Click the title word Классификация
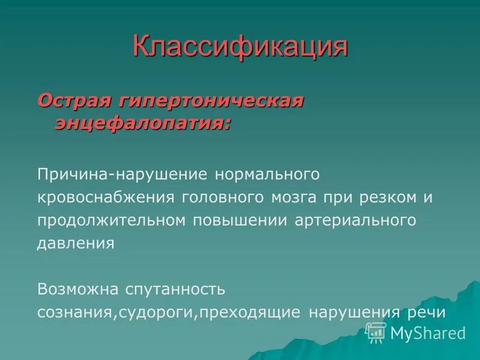point(240,46)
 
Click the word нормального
point(265,175)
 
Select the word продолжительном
point(111,220)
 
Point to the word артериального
point(355,220)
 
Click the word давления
point(76,244)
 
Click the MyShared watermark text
point(428,333)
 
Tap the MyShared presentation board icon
point(376,332)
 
